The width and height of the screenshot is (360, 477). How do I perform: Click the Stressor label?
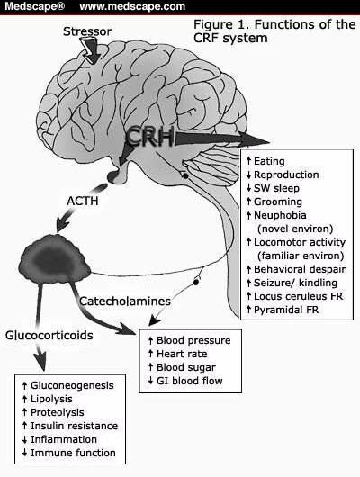point(88,33)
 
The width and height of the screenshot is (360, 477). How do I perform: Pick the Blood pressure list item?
point(193,340)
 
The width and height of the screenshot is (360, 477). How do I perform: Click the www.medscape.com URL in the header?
point(132,7)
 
